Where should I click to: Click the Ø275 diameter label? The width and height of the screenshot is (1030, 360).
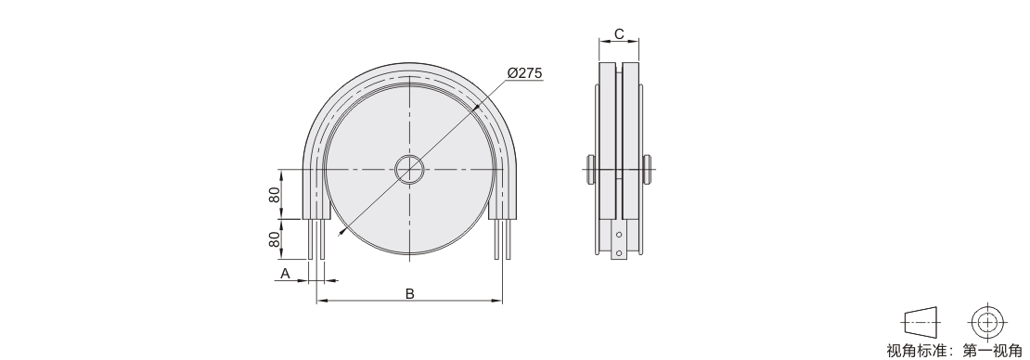[x=525, y=73]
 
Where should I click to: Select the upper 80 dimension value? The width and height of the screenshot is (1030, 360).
[x=275, y=195]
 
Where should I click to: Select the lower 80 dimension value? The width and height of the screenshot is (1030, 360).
[x=275, y=239]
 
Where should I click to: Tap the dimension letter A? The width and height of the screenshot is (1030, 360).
[x=285, y=274]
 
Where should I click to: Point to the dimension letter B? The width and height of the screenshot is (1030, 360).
[x=409, y=293]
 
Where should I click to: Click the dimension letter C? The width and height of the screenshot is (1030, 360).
[x=619, y=34]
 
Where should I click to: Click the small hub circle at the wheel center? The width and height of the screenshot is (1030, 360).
[x=410, y=170]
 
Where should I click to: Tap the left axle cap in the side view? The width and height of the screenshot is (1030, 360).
[x=590, y=170]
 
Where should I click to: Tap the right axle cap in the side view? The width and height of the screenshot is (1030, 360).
[x=649, y=170]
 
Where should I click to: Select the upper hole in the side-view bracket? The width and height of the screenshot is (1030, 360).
[x=619, y=233]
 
